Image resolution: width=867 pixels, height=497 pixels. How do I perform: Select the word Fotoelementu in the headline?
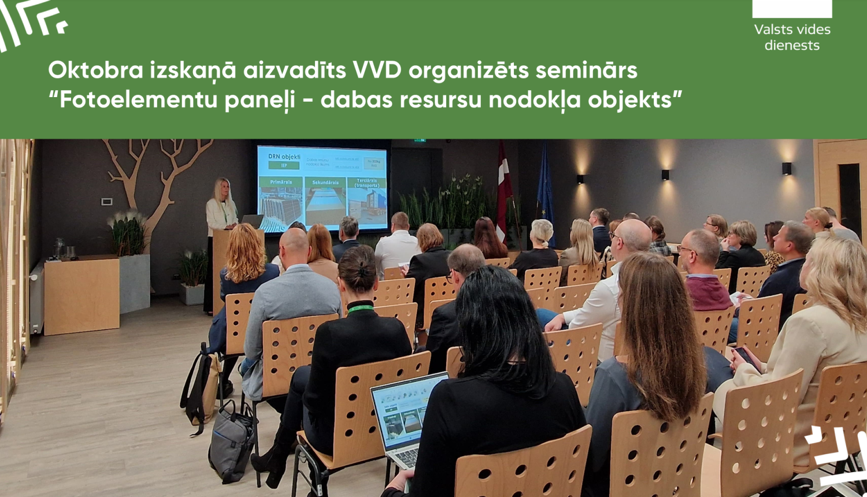point(131,100)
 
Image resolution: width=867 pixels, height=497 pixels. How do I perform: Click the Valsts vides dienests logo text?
point(792,37)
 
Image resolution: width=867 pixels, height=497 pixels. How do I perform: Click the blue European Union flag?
point(544,191)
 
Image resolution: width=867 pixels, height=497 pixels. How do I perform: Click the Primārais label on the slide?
point(280,182)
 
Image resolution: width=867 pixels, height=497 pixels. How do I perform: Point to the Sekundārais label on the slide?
point(325,183)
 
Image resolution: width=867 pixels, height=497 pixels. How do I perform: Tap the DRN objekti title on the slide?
point(284,156)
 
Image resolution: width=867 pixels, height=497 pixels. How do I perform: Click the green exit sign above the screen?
point(420,140)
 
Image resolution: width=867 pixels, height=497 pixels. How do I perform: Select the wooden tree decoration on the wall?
point(156,173)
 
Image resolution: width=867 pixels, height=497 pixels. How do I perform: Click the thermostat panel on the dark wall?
point(107,201)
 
